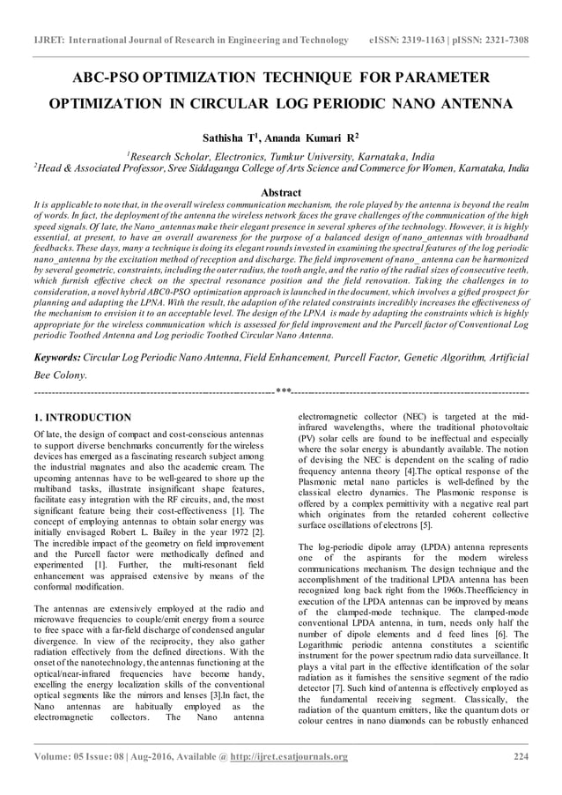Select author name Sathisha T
(x=232, y=138)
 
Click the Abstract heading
(x=281, y=192)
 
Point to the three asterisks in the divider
(x=283, y=392)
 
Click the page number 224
(x=521, y=756)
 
